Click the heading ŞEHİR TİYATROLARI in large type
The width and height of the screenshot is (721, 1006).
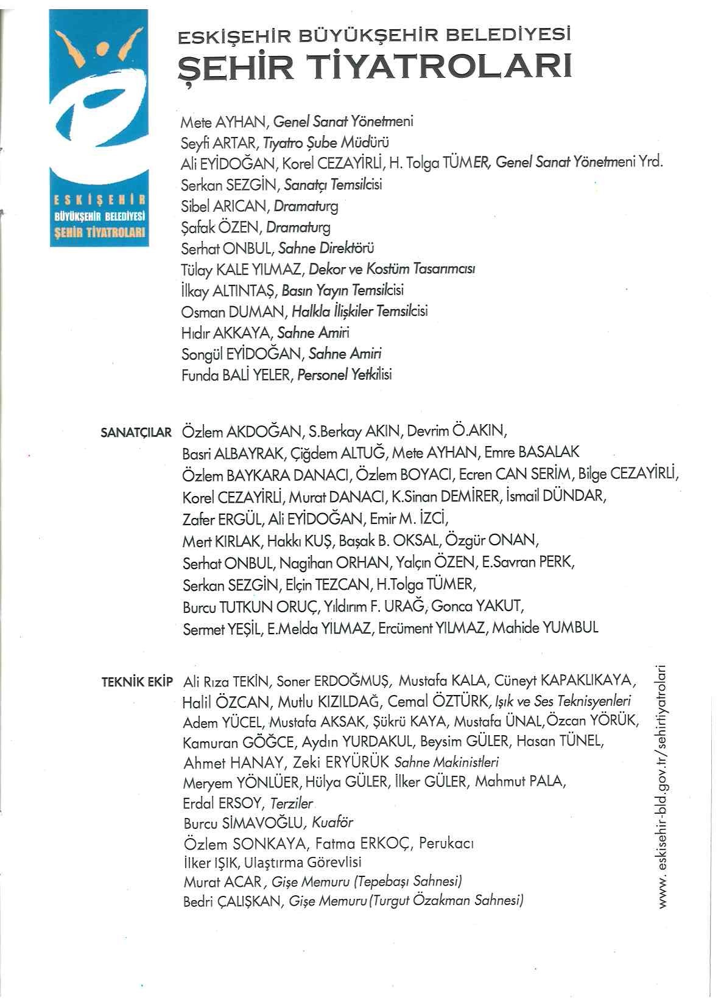click(374, 69)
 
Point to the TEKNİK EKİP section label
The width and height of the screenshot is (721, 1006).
click(138, 681)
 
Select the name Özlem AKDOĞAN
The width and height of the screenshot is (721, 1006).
click(241, 432)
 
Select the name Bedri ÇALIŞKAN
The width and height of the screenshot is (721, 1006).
click(232, 901)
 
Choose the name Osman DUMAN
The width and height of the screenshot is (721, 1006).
click(233, 312)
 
